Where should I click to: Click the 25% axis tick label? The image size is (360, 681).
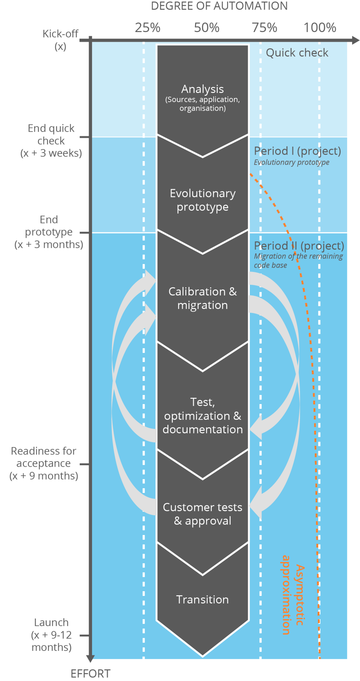click(148, 27)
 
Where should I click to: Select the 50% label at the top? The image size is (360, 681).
click(207, 27)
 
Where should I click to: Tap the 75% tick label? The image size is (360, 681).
click(264, 27)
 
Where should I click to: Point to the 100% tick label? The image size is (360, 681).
click(320, 27)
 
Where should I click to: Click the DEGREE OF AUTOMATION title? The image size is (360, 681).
click(219, 6)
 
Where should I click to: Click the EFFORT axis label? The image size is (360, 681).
click(91, 674)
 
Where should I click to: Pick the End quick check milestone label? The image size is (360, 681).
click(51, 141)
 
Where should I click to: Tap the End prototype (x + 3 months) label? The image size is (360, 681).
click(49, 232)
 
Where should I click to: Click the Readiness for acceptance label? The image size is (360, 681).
click(44, 463)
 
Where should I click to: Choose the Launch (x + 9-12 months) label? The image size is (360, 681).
click(51, 635)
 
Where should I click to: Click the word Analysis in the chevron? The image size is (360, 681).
click(203, 89)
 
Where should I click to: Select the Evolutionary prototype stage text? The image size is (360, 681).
click(203, 200)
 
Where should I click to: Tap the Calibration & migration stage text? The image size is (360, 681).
click(203, 298)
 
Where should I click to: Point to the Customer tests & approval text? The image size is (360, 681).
click(203, 514)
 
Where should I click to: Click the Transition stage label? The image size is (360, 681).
click(203, 600)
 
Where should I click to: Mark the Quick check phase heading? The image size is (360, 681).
click(297, 53)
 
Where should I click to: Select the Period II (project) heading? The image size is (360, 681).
click(299, 246)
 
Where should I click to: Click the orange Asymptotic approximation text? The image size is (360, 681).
click(293, 595)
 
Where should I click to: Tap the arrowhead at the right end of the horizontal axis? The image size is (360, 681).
click(356, 41)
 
